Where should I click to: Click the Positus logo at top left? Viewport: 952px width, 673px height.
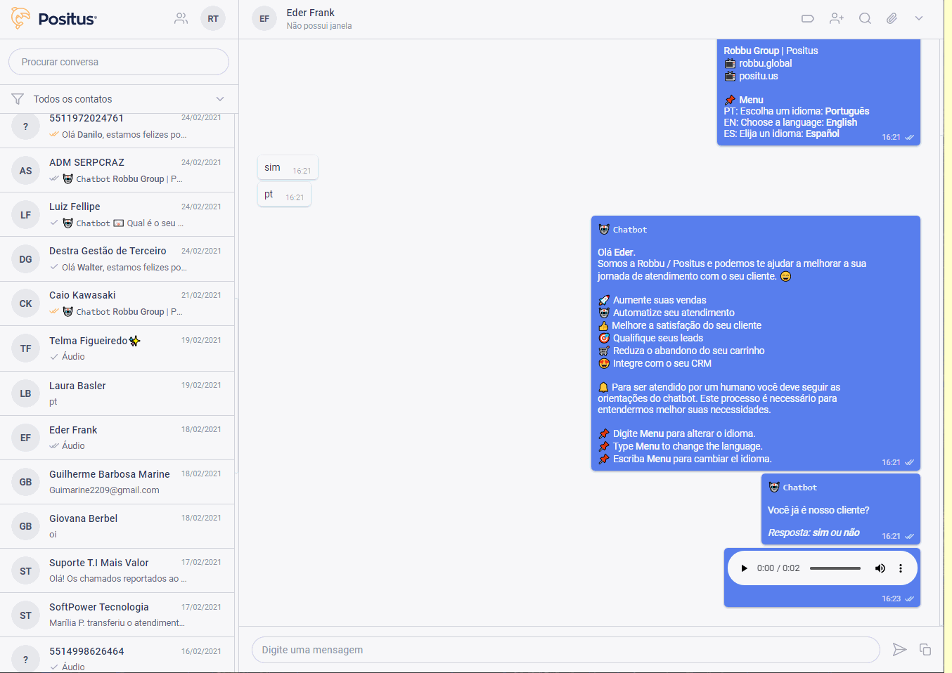tap(54, 18)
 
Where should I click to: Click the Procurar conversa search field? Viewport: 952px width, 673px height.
tap(119, 62)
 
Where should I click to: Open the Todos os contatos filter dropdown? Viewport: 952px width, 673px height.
tap(119, 99)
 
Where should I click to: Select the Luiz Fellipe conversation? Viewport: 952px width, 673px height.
tap(117, 214)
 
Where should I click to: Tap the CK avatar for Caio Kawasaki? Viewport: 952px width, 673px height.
tap(25, 303)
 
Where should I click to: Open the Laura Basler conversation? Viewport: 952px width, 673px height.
tap(117, 393)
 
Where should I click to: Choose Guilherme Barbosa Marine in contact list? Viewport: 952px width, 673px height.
tap(117, 482)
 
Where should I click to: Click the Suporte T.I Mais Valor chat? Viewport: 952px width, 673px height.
tap(117, 570)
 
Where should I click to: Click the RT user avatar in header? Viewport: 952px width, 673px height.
tap(213, 18)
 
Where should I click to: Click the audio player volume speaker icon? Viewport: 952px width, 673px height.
tap(880, 568)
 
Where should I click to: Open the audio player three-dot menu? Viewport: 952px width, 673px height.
tap(901, 568)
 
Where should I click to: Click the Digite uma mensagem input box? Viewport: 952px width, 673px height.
tap(566, 650)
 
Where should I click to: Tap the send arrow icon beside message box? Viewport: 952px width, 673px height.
tap(899, 650)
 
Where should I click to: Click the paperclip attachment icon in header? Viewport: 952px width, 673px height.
tap(892, 18)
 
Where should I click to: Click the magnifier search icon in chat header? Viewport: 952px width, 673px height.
tap(865, 18)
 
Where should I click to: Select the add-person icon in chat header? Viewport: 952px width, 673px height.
tap(837, 18)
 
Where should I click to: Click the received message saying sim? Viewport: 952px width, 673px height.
tap(288, 167)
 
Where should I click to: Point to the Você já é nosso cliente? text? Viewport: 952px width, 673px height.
tap(818, 510)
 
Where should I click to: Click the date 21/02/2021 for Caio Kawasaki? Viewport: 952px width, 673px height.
tap(201, 295)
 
